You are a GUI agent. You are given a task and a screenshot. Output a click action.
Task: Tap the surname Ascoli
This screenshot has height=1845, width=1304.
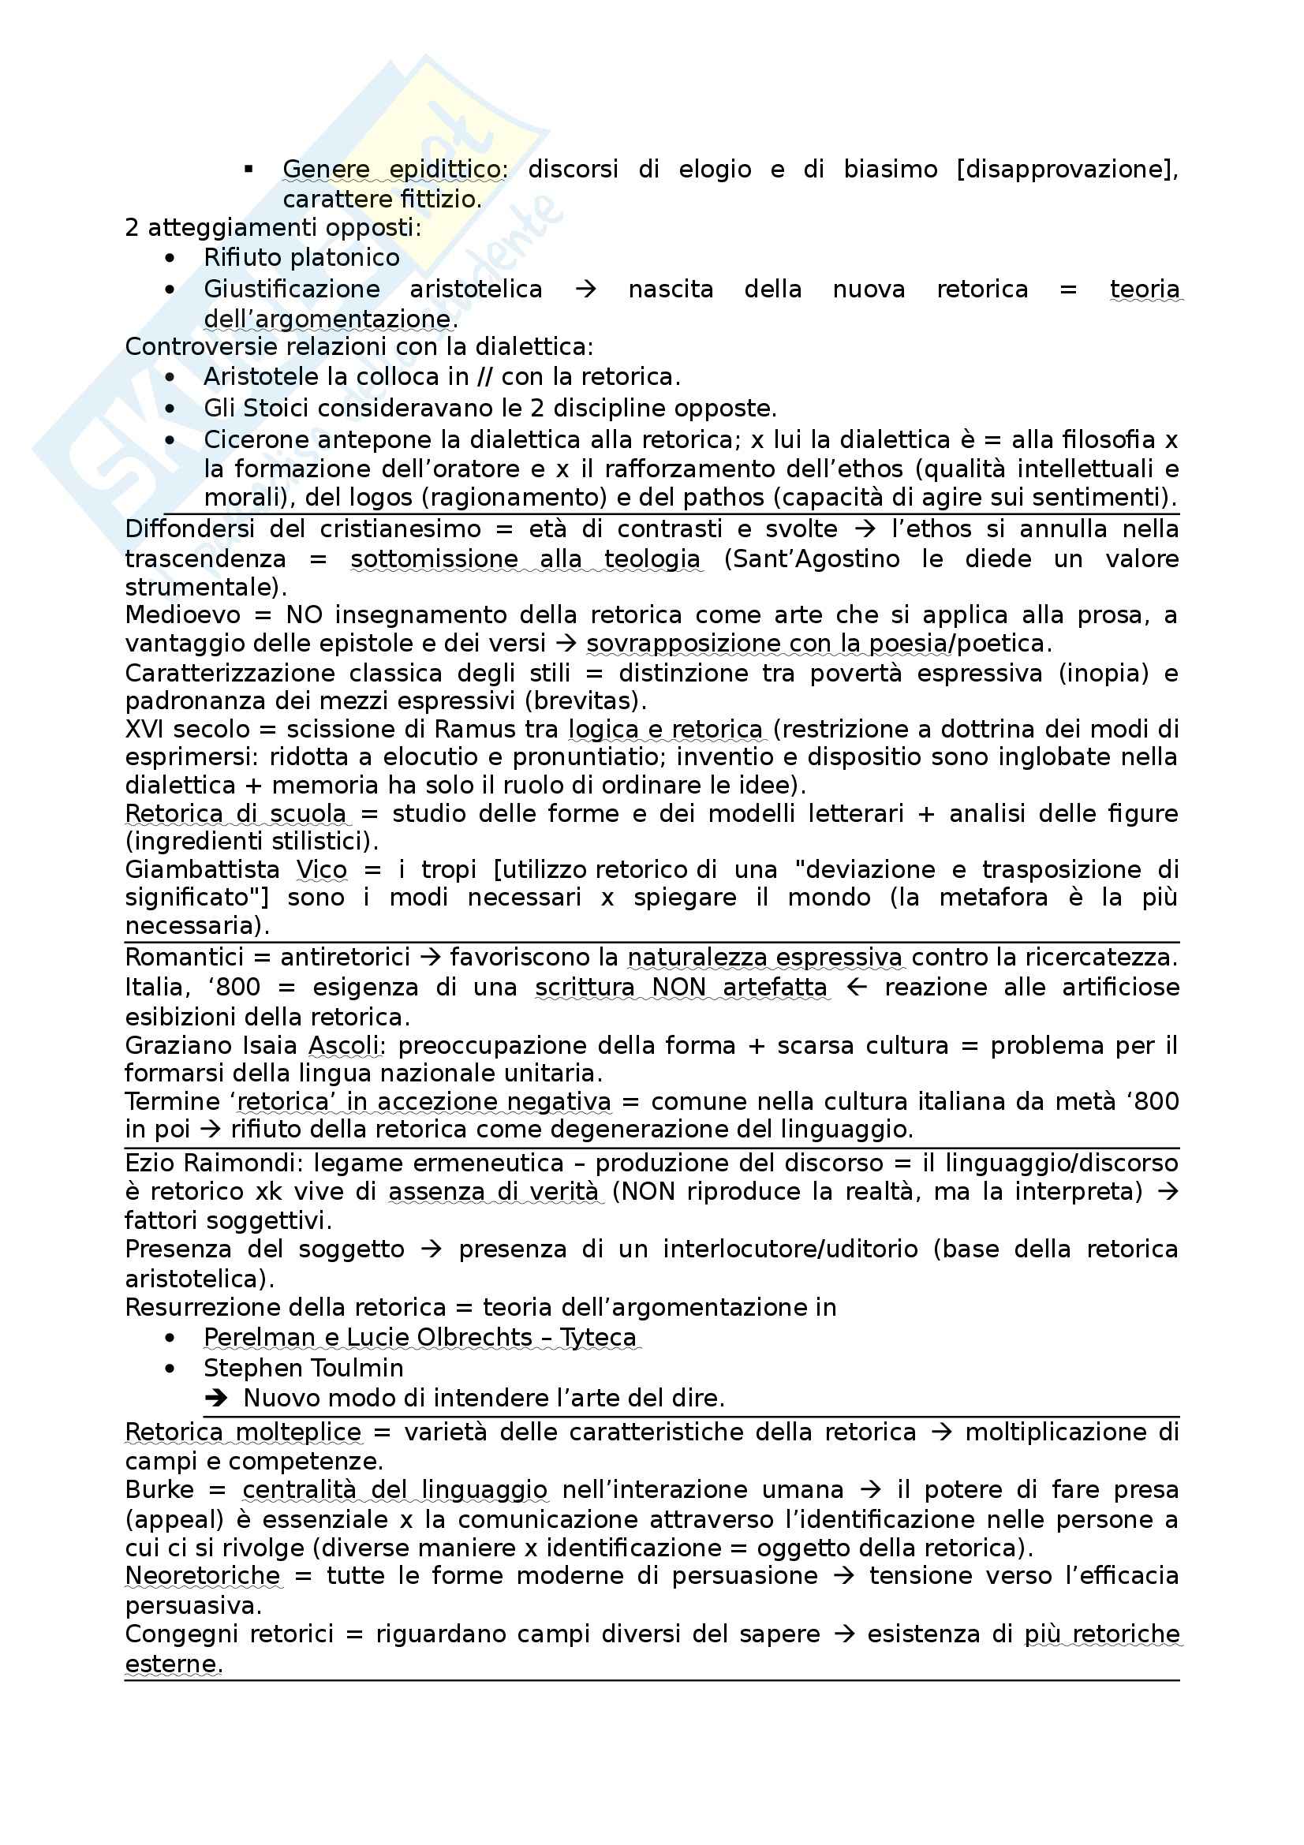coord(345,1045)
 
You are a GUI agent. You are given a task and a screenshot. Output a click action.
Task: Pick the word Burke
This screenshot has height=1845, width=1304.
coord(159,1490)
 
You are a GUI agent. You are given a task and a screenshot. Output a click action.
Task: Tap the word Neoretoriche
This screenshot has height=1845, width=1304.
coord(203,1576)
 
